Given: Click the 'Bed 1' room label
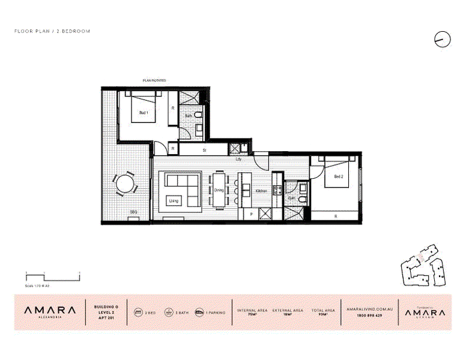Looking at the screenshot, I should (x=143, y=112).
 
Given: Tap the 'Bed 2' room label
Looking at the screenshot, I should (x=337, y=176).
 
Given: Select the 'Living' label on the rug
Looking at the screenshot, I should (x=174, y=200).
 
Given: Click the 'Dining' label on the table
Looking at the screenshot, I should (x=219, y=190).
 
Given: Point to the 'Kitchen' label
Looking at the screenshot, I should (x=261, y=190).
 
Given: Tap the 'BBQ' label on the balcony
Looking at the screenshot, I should (x=133, y=212).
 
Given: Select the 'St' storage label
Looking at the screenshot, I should (x=204, y=150).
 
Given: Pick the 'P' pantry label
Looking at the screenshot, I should (x=250, y=214).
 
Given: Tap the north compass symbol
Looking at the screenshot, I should (x=442, y=40).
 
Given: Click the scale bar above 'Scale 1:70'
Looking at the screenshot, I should (x=52, y=275).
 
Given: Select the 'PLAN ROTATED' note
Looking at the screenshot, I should (x=154, y=80).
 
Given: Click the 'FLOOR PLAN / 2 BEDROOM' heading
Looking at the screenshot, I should (x=52, y=31).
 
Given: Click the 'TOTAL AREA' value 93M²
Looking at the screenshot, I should (x=319, y=315).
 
